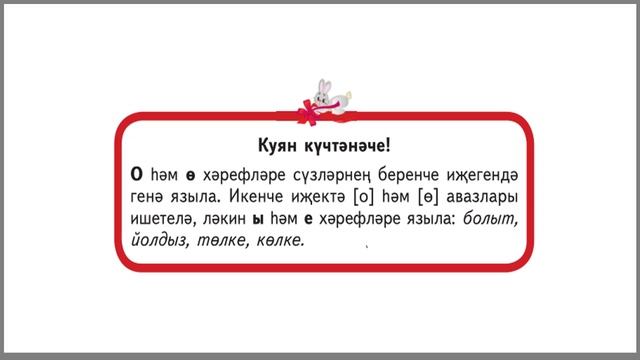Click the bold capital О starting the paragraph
point(137,172)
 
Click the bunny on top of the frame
point(326,92)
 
